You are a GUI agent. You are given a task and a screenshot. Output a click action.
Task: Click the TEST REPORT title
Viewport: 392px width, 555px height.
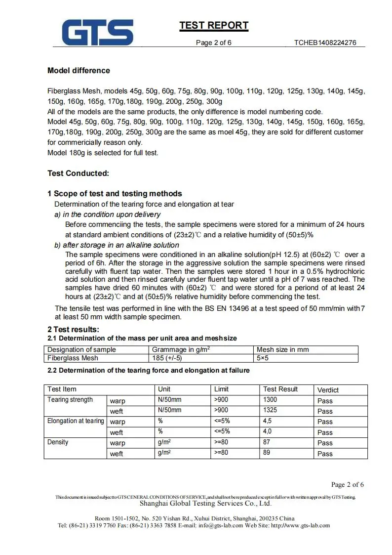tap(214, 26)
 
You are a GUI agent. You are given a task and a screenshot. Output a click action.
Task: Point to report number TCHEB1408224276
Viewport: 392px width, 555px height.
tap(325, 43)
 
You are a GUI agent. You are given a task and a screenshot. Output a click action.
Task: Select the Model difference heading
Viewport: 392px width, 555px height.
tap(78, 71)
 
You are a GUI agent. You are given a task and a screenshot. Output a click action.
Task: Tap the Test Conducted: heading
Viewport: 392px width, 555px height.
tap(78, 173)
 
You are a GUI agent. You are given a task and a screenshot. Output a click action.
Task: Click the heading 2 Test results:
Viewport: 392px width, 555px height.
tap(74, 329)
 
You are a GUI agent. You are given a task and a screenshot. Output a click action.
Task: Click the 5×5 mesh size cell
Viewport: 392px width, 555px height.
tap(263, 358)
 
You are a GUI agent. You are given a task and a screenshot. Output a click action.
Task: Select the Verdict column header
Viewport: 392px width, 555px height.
tap(328, 390)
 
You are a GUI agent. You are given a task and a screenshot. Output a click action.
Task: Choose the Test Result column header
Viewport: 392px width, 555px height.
tap(280, 389)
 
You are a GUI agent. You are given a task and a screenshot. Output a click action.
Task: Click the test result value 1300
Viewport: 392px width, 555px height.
tap(270, 400)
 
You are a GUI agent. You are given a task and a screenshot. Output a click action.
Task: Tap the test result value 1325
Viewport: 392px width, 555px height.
tap(270, 410)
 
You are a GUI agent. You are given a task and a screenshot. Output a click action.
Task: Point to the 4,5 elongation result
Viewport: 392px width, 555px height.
tap(267, 421)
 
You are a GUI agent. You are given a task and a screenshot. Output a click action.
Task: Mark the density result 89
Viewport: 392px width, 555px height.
tap(267, 453)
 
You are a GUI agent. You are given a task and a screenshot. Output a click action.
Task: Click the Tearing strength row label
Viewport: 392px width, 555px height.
tap(70, 400)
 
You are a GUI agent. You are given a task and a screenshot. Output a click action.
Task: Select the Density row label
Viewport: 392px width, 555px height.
tap(58, 442)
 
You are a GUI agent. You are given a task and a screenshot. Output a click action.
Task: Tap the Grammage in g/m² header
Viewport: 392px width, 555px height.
tap(181, 349)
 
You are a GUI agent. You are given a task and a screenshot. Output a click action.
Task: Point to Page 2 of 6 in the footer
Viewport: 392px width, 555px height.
tap(348, 484)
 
